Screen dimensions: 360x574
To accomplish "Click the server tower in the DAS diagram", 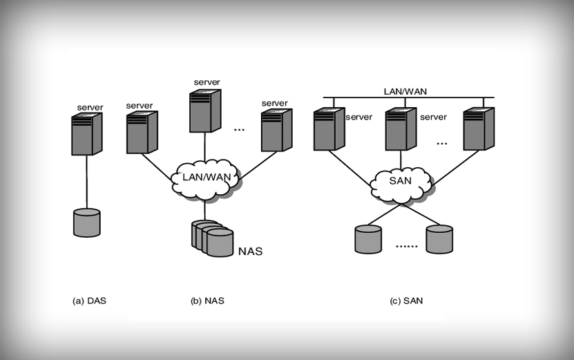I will pos(87,134).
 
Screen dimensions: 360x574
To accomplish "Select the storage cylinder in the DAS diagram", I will pos(87,222).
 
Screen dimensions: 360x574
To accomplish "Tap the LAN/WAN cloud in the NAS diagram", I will pos(204,178).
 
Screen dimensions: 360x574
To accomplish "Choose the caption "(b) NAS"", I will pos(207,301).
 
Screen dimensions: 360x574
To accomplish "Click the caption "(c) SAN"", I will pos(406,301).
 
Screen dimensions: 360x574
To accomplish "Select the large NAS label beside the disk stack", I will pos(250,252).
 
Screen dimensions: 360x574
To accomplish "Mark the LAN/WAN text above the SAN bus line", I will pos(404,91).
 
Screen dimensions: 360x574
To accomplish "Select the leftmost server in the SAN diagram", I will pos(328,129).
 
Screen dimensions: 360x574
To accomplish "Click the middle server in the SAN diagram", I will pos(400,129).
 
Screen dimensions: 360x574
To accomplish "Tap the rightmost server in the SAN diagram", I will pos(479,129).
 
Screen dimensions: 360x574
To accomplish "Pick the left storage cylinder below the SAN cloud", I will pos(368,238).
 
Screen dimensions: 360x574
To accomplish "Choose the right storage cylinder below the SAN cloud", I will pos(440,238).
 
